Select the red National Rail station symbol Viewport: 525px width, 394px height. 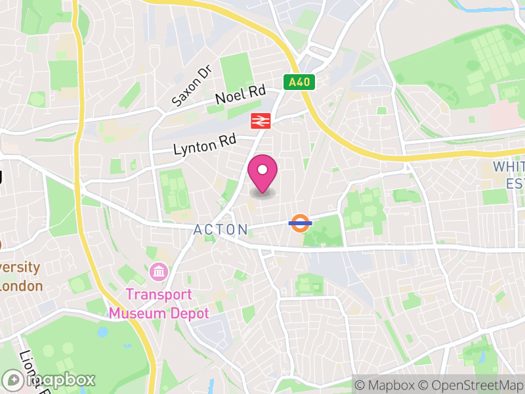[261, 121]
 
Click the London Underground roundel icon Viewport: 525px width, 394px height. [299, 223]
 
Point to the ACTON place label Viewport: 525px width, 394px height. [220, 230]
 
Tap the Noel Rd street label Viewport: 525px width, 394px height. [240, 95]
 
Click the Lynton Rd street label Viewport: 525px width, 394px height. [204, 144]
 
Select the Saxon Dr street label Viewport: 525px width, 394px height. [190, 86]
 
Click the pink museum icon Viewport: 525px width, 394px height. [159, 271]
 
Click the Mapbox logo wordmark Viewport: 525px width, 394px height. [59, 380]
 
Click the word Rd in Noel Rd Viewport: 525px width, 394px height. [255, 91]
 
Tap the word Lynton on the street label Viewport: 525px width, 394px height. [196, 146]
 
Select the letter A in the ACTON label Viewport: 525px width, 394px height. [198, 230]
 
